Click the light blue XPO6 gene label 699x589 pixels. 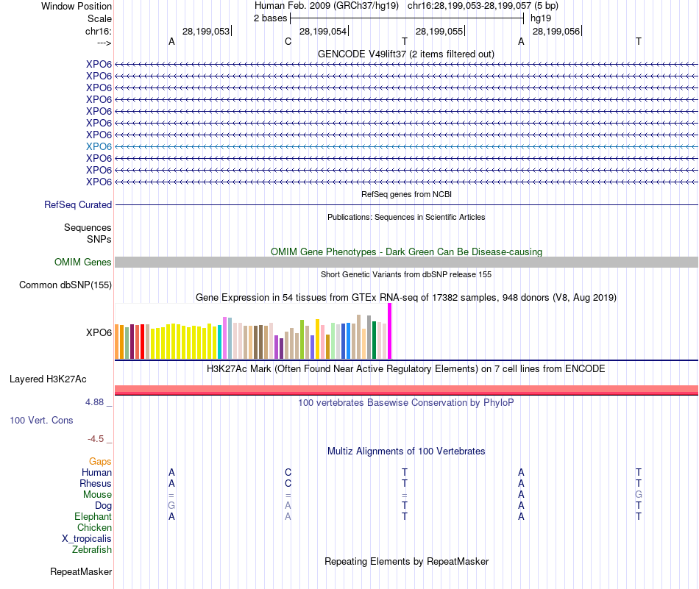coord(99,146)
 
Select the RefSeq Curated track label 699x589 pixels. coord(78,205)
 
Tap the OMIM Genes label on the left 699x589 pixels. coord(83,263)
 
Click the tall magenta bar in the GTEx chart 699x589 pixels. coord(389,331)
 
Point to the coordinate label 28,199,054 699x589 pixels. coord(323,32)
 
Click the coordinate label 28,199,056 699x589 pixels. coord(556,32)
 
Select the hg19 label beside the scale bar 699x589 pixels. coord(540,18)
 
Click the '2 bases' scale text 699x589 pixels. coord(270,18)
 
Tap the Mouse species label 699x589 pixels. coord(97,495)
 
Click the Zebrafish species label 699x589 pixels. coord(92,550)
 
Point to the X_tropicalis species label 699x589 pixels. coord(87,539)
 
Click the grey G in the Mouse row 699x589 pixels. coord(639,495)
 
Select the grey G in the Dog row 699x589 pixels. coord(171,506)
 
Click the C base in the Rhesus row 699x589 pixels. coord(288,484)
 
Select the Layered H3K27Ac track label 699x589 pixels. coord(48,379)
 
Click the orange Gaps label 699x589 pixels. coord(100,461)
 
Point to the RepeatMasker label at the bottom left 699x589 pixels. coord(81,571)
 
